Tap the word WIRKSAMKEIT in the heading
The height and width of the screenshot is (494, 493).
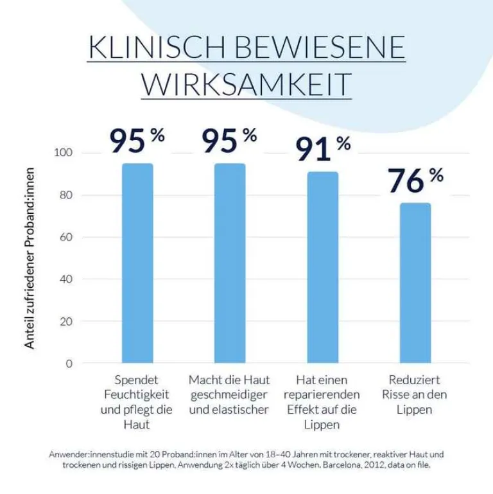(246, 85)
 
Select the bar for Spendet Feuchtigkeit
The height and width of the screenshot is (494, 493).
(137, 263)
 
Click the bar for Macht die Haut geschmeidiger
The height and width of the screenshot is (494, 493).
(229, 263)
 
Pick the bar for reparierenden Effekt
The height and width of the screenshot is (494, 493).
(322, 267)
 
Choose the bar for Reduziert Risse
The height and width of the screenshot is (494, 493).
(415, 283)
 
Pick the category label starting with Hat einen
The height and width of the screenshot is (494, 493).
(321, 402)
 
